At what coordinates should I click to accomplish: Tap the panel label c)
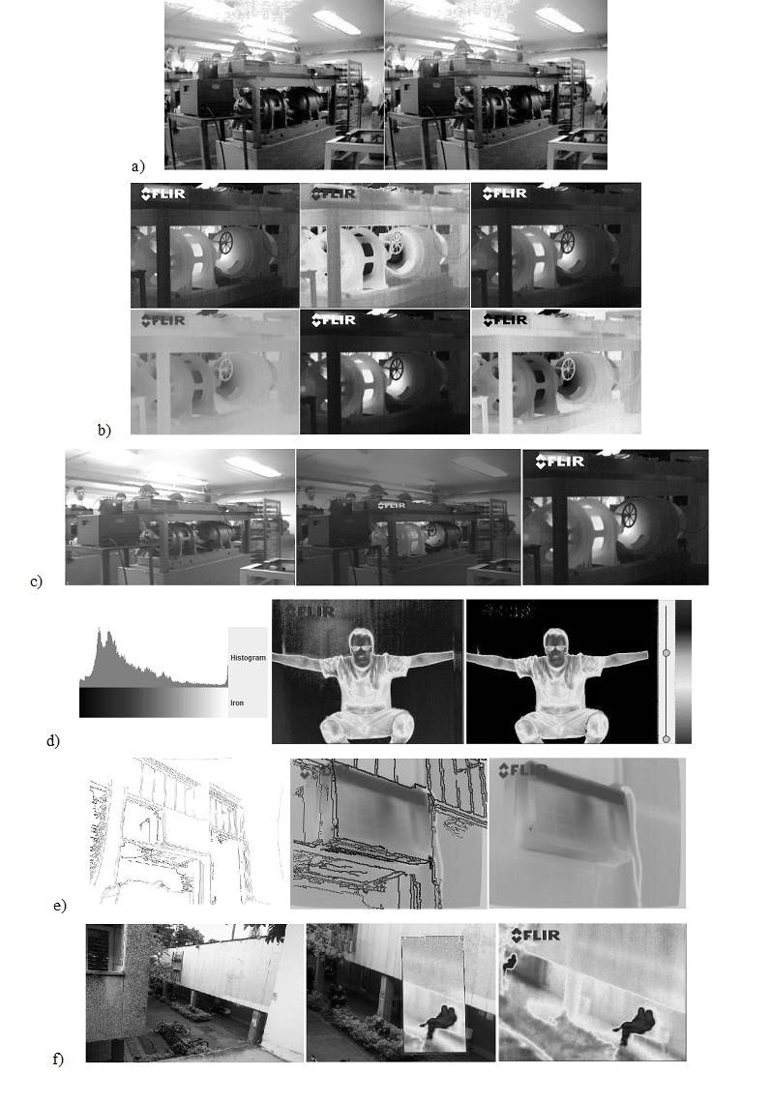click(36, 582)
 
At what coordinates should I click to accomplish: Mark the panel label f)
click(58, 1059)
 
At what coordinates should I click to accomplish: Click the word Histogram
click(248, 658)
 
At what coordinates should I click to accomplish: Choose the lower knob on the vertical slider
click(666, 739)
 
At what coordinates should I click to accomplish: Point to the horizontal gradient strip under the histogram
click(152, 702)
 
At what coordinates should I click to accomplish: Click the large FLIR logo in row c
click(558, 462)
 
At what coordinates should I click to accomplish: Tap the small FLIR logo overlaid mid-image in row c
click(392, 504)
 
